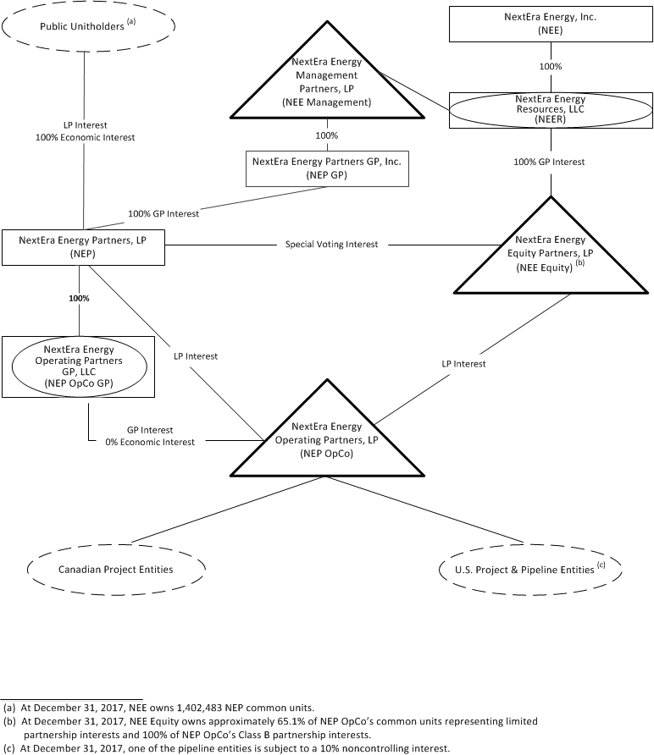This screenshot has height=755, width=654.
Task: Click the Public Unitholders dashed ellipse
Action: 88,25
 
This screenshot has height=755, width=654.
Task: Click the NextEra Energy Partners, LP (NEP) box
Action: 82,246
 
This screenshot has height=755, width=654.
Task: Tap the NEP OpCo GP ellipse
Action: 79,365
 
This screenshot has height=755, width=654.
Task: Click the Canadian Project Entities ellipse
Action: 116,570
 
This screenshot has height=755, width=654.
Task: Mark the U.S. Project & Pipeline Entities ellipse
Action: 529,570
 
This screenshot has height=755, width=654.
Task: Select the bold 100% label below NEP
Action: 79,298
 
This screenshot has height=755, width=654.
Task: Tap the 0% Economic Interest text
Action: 150,442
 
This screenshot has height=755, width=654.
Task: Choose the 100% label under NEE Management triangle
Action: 326,135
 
